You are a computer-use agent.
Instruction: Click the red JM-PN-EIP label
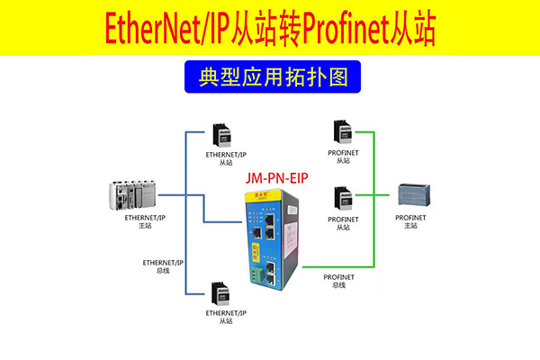click(x=276, y=178)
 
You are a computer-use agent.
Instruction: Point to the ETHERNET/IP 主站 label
click(x=144, y=221)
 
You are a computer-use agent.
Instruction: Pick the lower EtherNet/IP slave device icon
click(x=220, y=294)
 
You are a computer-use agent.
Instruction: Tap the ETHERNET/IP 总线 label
click(x=163, y=266)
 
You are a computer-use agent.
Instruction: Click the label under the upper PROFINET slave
click(x=342, y=159)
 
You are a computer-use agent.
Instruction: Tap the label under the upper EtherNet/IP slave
click(x=225, y=158)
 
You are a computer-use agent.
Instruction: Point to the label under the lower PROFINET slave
click(x=342, y=223)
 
